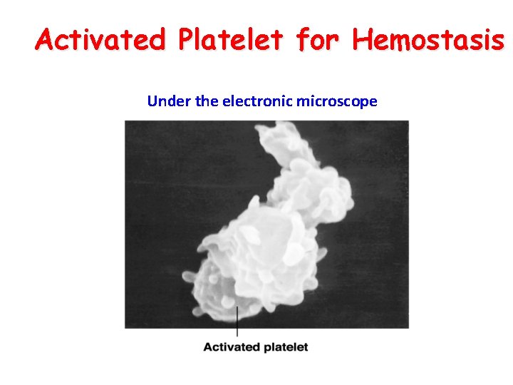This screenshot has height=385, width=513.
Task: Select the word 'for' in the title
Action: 314,40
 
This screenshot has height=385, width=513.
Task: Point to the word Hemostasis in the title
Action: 427,40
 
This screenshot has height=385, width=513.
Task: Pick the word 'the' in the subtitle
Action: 207,101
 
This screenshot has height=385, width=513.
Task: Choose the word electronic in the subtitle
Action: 256,101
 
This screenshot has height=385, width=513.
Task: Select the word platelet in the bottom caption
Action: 284,347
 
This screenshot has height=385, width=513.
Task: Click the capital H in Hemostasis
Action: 361,40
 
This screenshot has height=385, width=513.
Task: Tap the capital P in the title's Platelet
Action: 187,40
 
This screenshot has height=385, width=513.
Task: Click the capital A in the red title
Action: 46,40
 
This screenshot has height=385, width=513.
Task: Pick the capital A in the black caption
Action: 208,347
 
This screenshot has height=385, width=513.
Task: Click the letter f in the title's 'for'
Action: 299,40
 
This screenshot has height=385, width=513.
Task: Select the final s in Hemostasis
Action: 497,41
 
